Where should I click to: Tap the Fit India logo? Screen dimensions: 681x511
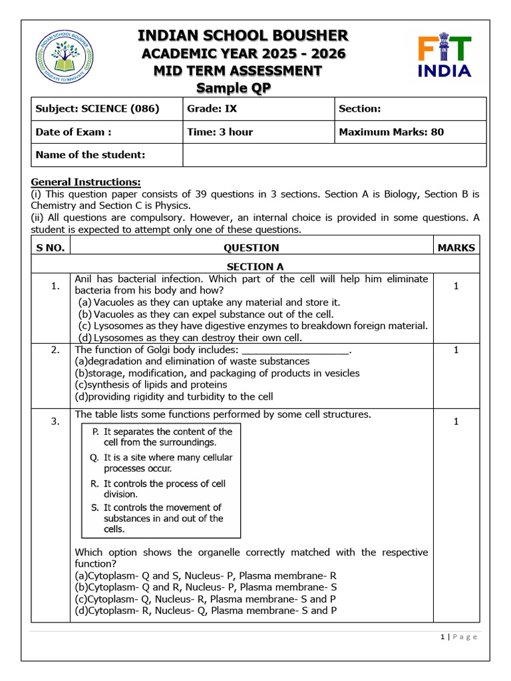point(444,57)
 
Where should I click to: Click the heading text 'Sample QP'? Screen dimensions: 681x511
point(234,88)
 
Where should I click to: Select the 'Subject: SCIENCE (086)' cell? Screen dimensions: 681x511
point(97,108)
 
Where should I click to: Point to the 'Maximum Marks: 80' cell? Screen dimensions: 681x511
point(391,132)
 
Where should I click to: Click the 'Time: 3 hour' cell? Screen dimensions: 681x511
point(220,132)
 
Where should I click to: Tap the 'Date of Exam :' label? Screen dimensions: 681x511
point(73,132)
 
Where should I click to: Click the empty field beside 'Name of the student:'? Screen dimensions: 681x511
point(334,155)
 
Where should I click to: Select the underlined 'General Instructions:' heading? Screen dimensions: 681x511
point(86,182)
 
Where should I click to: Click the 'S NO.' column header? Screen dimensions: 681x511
point(51,247)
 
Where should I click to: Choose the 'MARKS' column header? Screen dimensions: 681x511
point(456,247)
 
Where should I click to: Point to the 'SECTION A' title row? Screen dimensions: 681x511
point(255,267)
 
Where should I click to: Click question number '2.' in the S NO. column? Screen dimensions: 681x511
point(56,350)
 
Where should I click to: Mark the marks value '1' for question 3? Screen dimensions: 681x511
point(456,421)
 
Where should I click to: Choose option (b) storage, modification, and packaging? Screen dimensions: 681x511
point(217,373)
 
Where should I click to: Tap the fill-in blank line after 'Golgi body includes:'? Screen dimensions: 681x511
point(295,350)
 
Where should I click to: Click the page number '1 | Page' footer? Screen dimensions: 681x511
point(459,636)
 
